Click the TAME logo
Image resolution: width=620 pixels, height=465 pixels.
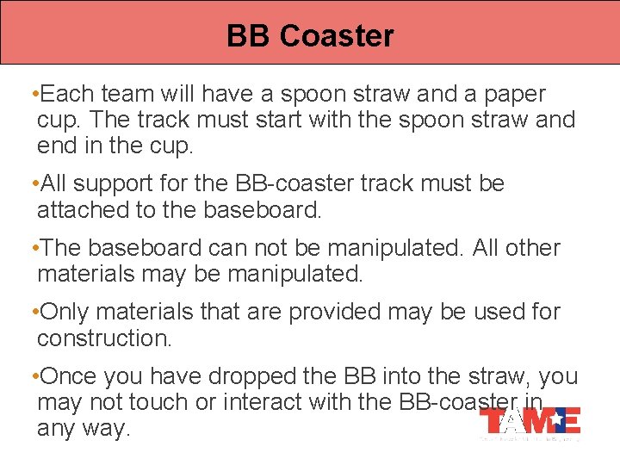[530, 421]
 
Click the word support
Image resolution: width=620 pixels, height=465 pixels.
[118, 183]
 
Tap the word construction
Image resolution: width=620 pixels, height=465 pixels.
[105, 338]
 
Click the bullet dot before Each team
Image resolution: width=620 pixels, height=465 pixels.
[33, 93]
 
